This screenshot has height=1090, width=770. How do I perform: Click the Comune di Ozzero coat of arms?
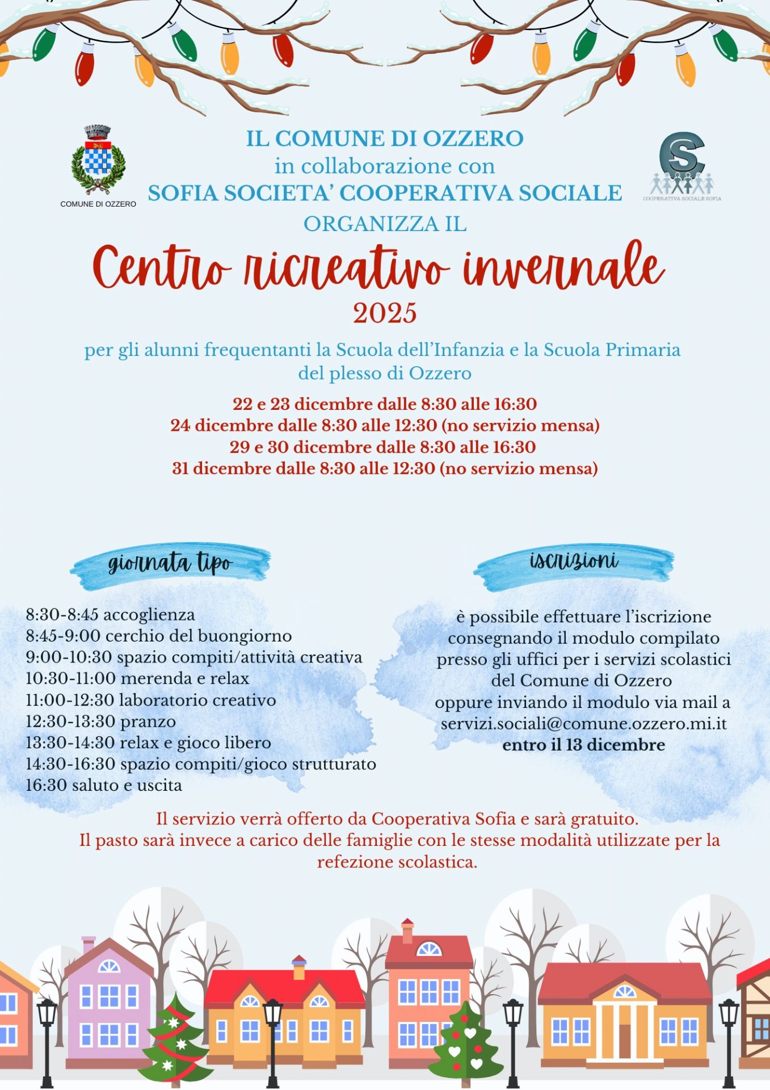[x=98, y=160]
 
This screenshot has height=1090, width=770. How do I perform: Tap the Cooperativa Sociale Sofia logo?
[x=681, y=166]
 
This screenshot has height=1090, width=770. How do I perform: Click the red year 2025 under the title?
[x=385, y=313]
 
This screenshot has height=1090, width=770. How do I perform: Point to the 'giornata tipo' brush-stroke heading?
[x=170, y=564]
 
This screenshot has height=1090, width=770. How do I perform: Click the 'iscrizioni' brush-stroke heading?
[x=574, y=561]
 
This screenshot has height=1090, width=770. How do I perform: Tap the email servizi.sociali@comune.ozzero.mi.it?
[x=583, y=723]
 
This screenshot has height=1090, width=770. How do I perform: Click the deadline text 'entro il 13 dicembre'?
[x=583, y=745]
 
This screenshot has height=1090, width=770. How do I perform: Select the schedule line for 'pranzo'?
[x=101, y=722]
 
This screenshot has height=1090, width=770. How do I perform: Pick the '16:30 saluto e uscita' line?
[x=104, y=786]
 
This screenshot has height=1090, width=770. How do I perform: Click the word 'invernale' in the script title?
[x=563, y=268]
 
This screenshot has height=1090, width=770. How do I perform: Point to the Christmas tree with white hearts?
[x=466, y=1042]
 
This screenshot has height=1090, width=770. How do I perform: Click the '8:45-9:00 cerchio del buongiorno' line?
[x=159, y=636]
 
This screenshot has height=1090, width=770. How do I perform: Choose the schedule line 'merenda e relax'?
[x=137, y=678]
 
